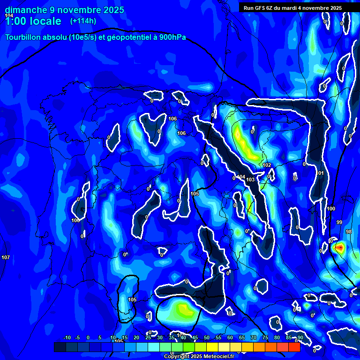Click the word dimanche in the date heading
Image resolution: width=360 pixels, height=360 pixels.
[x=26, y=10]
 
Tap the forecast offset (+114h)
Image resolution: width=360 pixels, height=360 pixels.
[x=83, y=21]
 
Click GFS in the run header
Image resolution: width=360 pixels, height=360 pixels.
[x=260, y=8]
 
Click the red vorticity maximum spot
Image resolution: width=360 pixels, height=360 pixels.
[x=339, y=247]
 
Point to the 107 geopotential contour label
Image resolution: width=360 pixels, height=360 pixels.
[x=6, y=257]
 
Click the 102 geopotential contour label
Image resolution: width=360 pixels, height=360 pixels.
[x=267, y=165]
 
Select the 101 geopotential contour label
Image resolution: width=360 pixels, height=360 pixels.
[x=320, y=173]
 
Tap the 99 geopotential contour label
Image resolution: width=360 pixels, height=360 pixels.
[x=339, y=222]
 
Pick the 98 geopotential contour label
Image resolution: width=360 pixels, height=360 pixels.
[x=348, y=232]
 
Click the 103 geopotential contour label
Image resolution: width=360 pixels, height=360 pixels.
[x=250, y=180]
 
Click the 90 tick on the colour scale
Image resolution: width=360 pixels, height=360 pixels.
[x=300, y=337]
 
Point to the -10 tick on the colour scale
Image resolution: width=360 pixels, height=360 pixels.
[x=67, y=337]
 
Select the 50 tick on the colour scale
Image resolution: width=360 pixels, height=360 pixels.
[x=207, y=337]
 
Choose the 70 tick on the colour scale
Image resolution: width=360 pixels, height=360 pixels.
[x=254, y=337]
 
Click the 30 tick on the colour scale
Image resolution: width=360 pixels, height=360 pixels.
[x=160, y=337]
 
